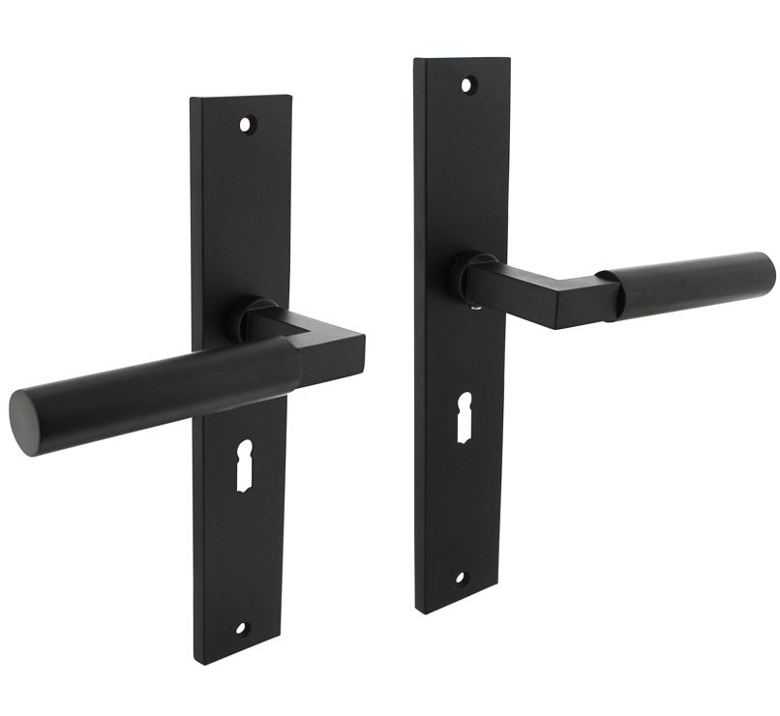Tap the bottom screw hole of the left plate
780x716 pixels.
(x=242, y=627)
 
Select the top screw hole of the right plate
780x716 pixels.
(x=468, y=85)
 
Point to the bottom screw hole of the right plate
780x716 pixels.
(x=459, y=579)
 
